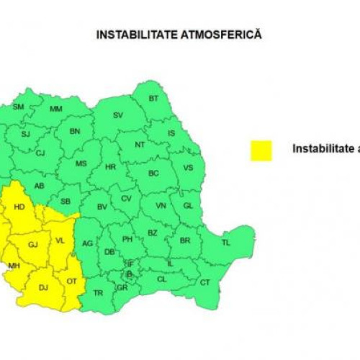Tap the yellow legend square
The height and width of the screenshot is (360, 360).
click(261, 150)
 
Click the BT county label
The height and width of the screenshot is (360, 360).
click(153, 98)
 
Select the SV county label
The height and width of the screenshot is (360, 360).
click(118, 115)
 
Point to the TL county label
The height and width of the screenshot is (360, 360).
click(226, 243)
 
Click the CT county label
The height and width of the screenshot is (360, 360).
click(204, 282)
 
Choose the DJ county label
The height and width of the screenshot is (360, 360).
click(43, 288)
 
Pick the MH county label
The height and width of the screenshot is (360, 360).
click(14, 266)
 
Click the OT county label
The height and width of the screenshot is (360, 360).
click(71, 281)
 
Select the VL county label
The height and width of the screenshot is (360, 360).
click(60, 240)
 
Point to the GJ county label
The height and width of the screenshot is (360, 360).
click(32, 245)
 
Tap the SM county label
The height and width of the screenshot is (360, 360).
click(19, 107)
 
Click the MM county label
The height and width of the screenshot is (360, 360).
click(56, 109)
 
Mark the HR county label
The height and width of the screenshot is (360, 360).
click(110, 166)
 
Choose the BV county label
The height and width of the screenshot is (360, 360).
click(102, 207)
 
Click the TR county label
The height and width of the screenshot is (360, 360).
click(98, 292)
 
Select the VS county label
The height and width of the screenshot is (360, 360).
click(189, 168)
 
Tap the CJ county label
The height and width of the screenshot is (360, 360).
click(40, 153)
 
